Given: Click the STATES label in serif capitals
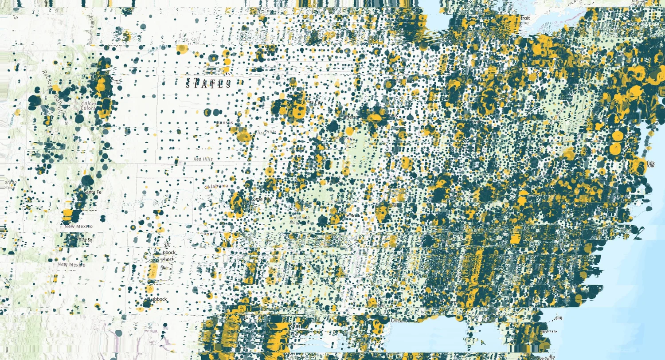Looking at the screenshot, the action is coord(208,84).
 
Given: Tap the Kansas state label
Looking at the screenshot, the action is coord(224,123).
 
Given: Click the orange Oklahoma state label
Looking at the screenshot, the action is coord(216,186).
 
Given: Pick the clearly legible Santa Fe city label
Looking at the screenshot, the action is coord(94,192).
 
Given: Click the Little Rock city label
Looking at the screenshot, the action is coord(352,215).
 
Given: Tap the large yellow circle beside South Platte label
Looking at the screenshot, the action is coord(181,49).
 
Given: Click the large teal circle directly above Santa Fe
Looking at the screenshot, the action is coord(87,180).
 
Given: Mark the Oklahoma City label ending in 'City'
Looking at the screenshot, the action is coord(261,200).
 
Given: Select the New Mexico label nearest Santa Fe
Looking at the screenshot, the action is coord(78,227).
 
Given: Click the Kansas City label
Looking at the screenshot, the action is coord(313,102).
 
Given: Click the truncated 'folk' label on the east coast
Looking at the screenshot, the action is coord(650,164).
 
